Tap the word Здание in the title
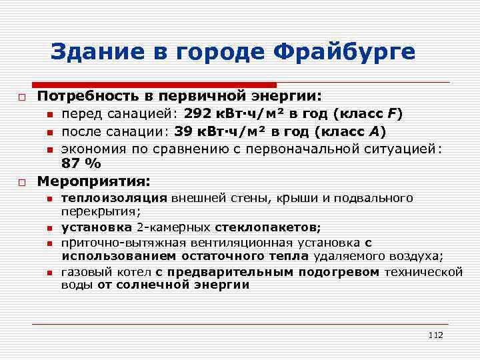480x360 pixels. pos(91,51)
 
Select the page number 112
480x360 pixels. pos(436,335)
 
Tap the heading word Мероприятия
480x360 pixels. pos(93,181)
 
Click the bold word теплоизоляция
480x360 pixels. pos(114,199)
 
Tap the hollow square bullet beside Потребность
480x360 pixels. pos(22,97)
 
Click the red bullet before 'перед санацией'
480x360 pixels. pos(50,115)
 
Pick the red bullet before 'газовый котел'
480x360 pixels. pos(50,272)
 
